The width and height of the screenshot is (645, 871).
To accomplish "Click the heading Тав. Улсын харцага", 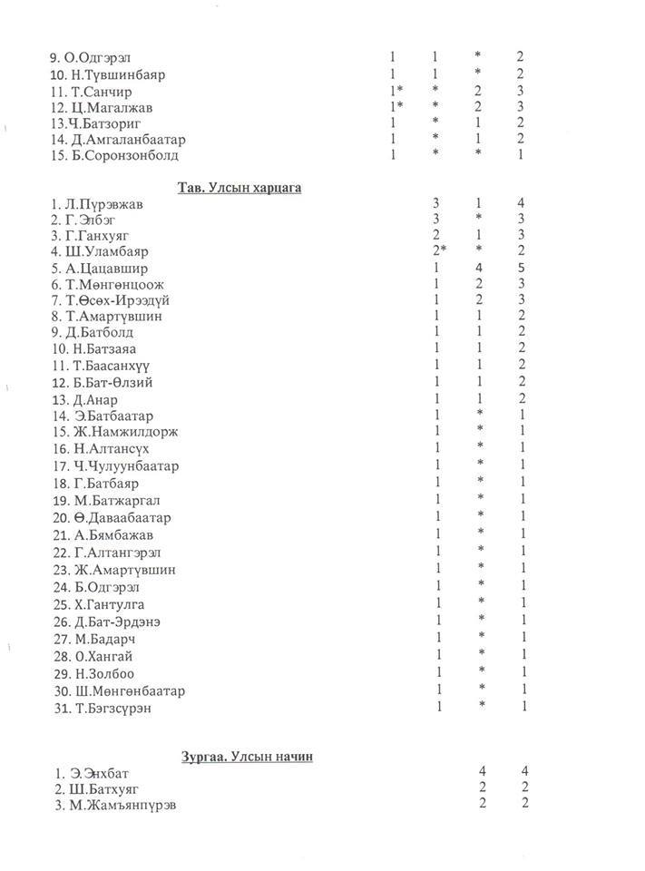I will coord(239,188).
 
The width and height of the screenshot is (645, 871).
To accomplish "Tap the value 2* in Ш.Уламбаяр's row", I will coord(439,251).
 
